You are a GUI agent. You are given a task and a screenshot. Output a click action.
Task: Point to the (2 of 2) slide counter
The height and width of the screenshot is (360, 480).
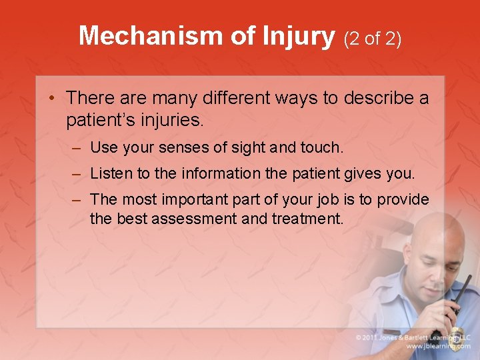pyautogui.click(x=373, y=39)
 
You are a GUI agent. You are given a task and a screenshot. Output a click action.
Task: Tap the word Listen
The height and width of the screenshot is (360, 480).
pyautogui.click(x=111, y=174)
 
